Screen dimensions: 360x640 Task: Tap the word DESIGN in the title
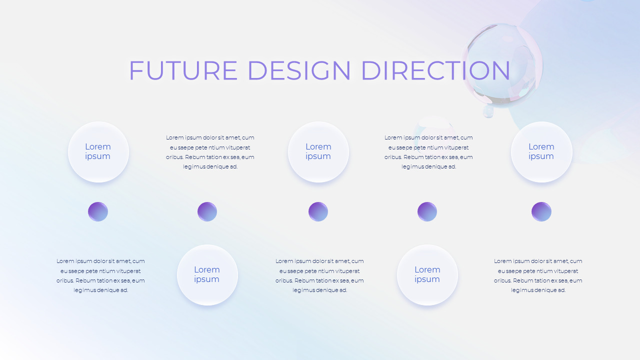point(299,70)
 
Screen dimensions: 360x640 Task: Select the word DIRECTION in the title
point(435,70)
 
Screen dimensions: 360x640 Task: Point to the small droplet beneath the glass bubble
point(488,111)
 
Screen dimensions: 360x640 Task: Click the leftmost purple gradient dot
point(98,212)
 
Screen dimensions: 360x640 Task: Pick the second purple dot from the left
point(207,212)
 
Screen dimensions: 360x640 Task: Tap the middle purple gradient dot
point(318,212)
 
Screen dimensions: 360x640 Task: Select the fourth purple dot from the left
point(427,212)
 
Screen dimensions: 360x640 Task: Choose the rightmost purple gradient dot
point(541,212)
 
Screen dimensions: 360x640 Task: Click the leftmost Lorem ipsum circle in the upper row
point(98,152)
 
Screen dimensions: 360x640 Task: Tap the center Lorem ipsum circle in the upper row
point(318,152)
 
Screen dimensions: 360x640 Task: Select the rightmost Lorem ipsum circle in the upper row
point(541,152)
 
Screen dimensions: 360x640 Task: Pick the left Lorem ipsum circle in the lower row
point(207,275)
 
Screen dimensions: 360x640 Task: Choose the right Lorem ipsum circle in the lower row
point(427,275)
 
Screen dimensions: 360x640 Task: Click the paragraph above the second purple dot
point(210,152)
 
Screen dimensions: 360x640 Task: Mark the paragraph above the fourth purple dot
point(428,152)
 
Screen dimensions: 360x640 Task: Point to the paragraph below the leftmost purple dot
point(100,275)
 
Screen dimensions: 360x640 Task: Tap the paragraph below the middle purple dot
point(319,275)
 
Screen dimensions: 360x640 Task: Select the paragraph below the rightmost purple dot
point(538,275)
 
